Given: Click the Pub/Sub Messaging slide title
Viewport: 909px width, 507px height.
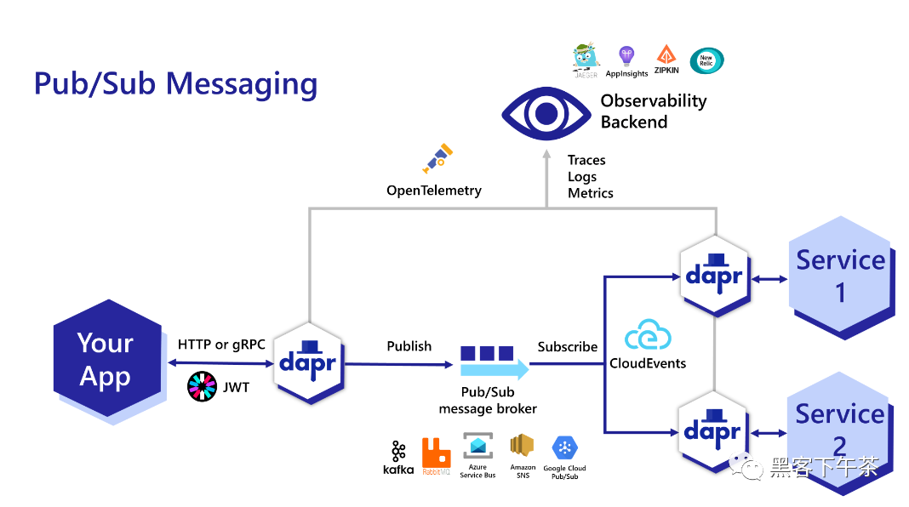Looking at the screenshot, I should [x=175, y=84].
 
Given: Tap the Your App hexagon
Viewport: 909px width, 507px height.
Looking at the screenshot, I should [x=106, y=361].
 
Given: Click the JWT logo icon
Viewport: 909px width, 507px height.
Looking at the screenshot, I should [x=202, y=387].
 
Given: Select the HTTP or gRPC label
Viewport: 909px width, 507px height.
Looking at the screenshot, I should [x=221, y=345].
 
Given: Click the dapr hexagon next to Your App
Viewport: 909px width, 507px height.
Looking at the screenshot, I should [x=308, y=363].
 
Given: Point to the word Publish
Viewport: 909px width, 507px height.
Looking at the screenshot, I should [x=409, y=346].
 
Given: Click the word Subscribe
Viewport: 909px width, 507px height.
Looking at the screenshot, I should [x=568, y=346].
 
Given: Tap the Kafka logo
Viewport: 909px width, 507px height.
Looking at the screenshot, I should [x=398, y=457].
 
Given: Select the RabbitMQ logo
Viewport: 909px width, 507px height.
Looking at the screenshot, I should [x=437, y=456].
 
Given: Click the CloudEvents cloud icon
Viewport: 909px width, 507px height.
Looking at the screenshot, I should [x=648, y=338].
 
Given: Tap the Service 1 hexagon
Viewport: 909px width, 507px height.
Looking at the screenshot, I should [x=840, y=276].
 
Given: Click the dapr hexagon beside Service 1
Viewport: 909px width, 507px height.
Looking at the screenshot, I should [x=714, y=275].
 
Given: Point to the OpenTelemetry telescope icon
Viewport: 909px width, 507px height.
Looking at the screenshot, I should [x=437, y=158].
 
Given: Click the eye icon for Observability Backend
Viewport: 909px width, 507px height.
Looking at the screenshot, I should [x=546, y=112].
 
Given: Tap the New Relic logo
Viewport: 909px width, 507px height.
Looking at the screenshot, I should [x=706, y=60].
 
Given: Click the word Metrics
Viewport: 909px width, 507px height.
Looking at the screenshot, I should [x=591, y=193].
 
